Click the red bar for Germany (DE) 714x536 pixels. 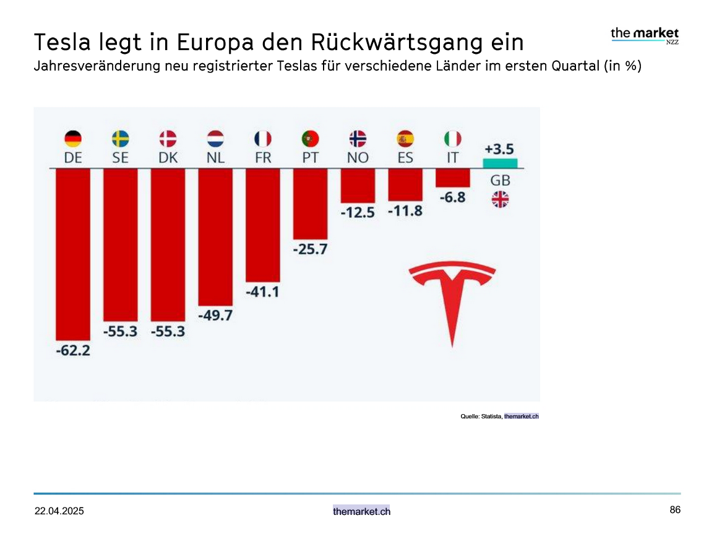coord(72,254)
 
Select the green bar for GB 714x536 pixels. coord(499,163)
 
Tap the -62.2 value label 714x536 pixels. coord(72,351)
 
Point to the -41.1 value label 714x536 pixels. coord(262,291)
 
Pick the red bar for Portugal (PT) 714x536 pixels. coord(310,204)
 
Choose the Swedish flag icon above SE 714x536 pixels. coord(121,138)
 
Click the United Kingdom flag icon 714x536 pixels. coord(499,199)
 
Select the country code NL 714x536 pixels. coord(215,158)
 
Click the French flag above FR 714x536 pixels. coord(263,138)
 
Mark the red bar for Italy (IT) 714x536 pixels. coord(452,178)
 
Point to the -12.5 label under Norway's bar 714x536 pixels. coord(358,212)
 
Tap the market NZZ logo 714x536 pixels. coord(645,35)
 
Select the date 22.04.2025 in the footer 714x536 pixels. coord(59,511)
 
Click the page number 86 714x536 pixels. coord(675,510)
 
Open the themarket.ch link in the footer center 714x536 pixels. coord(361,511)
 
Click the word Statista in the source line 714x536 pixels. coord(491,417)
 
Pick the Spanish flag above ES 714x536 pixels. coord(405,138)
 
